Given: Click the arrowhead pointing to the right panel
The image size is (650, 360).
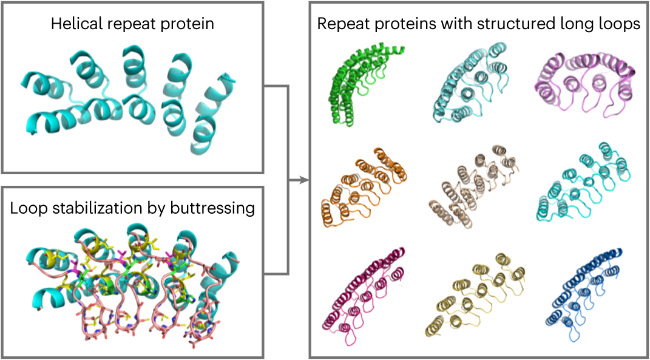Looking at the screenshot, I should (305, 180).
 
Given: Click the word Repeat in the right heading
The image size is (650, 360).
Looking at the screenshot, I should (337, 25).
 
